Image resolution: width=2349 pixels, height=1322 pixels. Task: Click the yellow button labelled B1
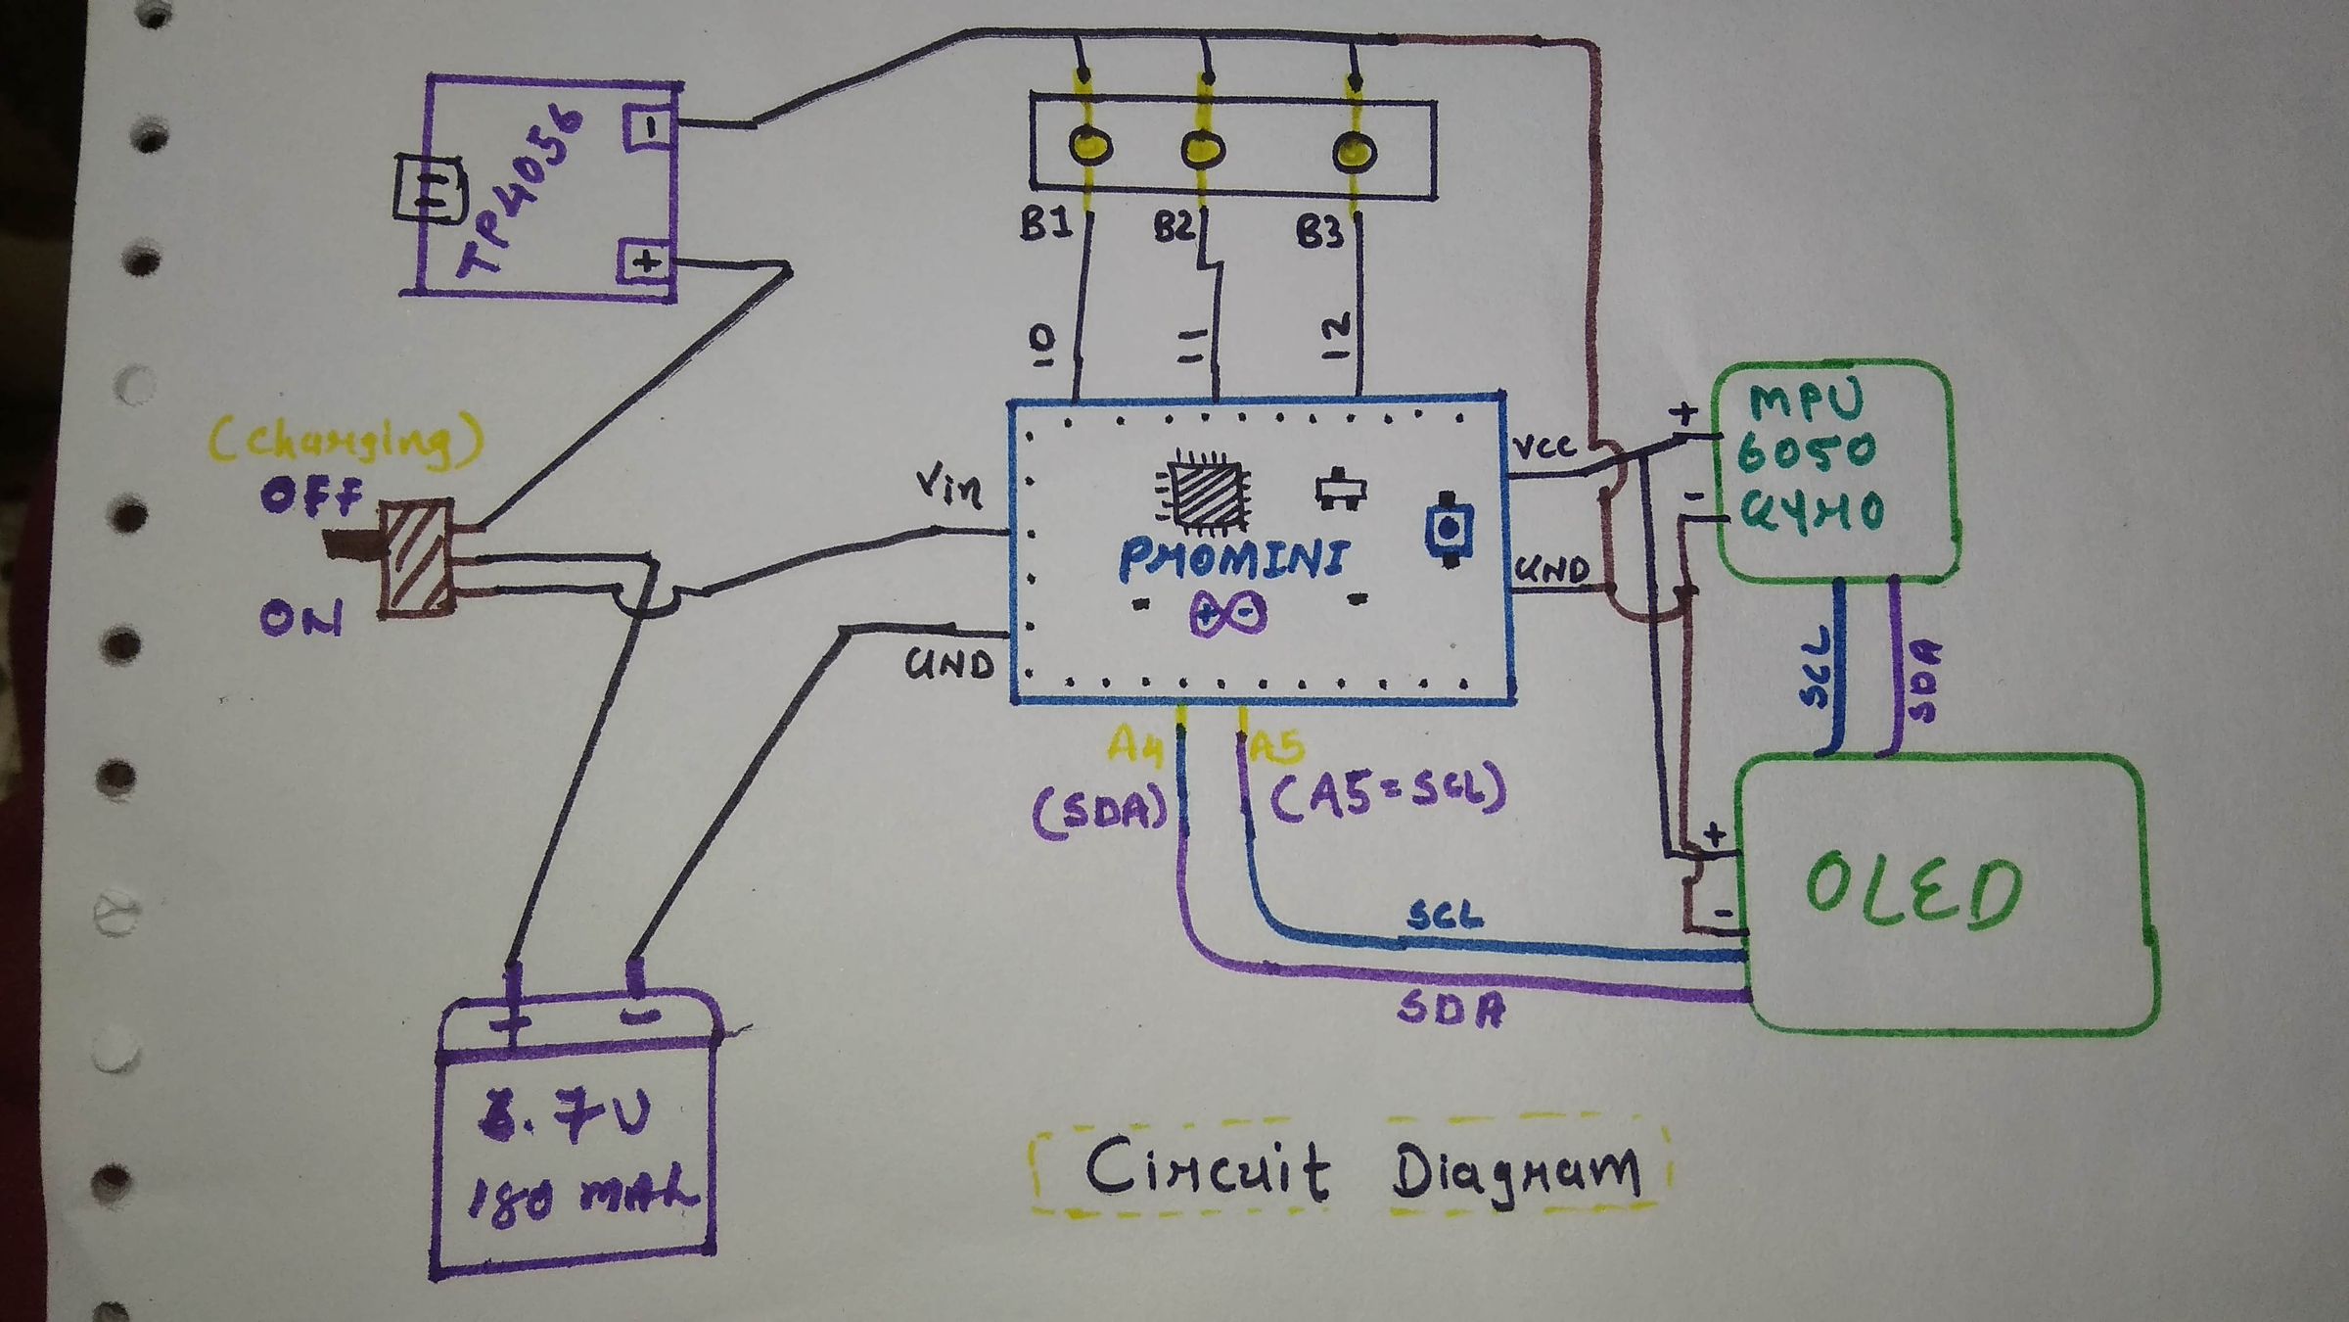tap(1089, 147)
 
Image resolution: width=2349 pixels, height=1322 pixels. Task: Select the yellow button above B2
tap(1203, 150)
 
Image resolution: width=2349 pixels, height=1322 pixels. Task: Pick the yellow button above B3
tap(1355, 152)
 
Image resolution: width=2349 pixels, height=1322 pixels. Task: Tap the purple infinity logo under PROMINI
tap(1228, 614)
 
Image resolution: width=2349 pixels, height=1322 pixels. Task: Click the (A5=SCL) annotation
tap(1387, 790)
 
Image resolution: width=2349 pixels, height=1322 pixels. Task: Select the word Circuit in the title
tap(1207, 1169)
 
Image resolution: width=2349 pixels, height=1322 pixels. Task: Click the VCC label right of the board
tap(1543, 448)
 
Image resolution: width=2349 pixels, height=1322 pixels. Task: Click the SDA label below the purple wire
tap(1451, 1009)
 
